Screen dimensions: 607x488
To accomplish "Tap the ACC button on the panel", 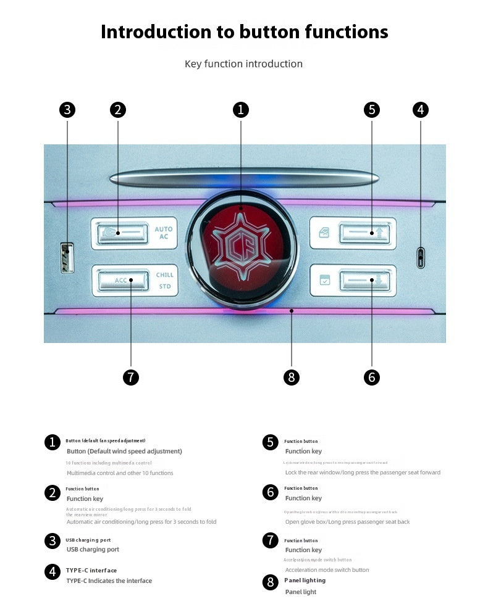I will (x=122, y=280).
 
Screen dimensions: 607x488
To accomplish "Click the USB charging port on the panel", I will (x=67, y=257).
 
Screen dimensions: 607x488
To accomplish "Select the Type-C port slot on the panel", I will (x=421, y=257).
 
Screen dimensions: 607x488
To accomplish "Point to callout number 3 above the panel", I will (x=67, y=110).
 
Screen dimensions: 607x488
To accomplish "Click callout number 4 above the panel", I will (x=421, y=110).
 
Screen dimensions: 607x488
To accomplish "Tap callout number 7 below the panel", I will (x=131, y=378).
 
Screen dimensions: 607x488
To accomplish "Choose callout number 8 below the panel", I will (x=292, y=378).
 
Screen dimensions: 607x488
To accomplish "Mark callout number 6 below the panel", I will (x=372, y=378).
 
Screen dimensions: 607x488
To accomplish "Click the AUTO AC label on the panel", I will (x=164, y=233).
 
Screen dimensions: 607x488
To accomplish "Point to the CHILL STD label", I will (x=164, y=280).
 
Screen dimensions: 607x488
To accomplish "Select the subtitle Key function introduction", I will (x=243, y=64).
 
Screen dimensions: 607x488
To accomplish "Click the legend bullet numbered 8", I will (x=270, y=582).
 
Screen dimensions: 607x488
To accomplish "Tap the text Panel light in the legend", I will (x=301, y=592).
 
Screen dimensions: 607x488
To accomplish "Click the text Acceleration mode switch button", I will (x=327, y=570).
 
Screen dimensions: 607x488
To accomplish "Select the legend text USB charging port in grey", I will (x=93, y=550).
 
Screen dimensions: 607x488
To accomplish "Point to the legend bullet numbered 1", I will (x=53, y=442).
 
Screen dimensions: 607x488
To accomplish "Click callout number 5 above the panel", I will (x=372, y=110).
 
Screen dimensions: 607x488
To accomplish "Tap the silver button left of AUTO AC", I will (x=122, y=233).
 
